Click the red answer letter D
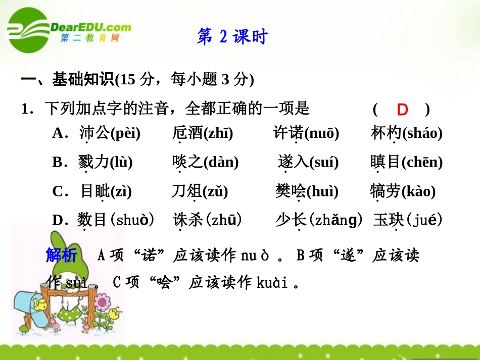pos(402,110)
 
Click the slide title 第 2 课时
pos(232,37)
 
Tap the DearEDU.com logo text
pos(90,27)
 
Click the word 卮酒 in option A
pos(187,133)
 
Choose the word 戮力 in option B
pos(93,163)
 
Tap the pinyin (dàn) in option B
pos(221,163)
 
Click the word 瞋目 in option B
pos(385,162)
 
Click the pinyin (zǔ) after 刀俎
pos(215,192)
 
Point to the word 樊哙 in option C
pos(291,191)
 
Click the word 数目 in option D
pos(92,220)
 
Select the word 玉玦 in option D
pos(388,220)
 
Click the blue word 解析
pos(61,255)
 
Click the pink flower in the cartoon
pos(103,303)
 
